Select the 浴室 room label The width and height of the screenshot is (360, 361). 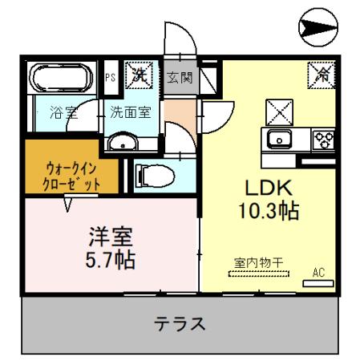(63, 112)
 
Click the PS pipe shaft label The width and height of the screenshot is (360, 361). (111, 78)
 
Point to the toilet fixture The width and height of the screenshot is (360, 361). (152, 174)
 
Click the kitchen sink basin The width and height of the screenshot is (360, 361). (279, 137)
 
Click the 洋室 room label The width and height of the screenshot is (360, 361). (111, 238)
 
